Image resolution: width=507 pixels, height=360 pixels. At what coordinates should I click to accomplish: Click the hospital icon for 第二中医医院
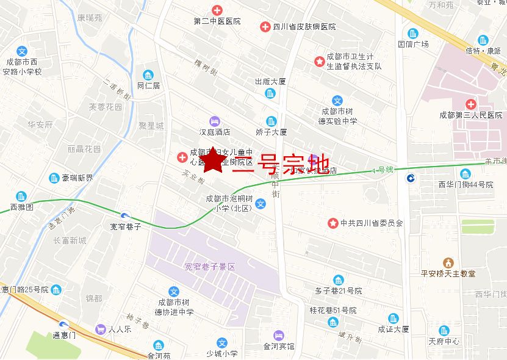point(217,10)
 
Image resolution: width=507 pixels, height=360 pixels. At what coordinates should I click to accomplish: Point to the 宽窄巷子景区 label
point(209,267)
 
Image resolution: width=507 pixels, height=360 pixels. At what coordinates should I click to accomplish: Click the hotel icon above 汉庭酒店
point(214,120)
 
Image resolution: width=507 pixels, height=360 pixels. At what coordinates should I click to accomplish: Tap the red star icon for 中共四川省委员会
point(333,223)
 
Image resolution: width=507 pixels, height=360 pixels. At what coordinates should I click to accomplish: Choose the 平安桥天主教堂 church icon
point(448,262)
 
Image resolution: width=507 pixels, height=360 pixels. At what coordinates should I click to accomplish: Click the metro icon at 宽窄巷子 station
point(125,216)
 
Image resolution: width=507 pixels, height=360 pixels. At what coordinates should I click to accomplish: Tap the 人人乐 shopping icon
point(99,329)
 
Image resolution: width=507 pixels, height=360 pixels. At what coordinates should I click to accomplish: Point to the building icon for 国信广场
point(413,33)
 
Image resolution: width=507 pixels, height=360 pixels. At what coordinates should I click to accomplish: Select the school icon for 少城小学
point(222,343)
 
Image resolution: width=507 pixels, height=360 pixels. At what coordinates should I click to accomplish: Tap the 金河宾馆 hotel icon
point(278,335)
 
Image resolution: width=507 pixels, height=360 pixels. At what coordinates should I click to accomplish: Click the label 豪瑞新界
point(77,178)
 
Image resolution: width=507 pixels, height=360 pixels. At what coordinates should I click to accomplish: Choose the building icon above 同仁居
point(148,75)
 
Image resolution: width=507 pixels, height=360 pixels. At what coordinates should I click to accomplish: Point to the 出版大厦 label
point(270,81)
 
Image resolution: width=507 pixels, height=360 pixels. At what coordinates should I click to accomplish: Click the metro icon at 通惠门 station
point(64,324)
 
